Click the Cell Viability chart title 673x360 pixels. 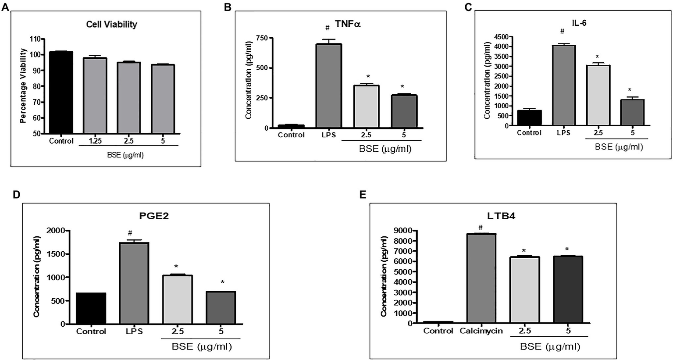(x=111, y=25)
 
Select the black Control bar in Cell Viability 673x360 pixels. (x=61, y=92)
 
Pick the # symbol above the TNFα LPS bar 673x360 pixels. (x=327, y=29)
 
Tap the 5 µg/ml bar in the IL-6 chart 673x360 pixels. (x=632, y=113)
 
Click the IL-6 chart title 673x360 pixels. (x=579, y=23)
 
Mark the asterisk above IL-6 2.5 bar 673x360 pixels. (x=597, y=57)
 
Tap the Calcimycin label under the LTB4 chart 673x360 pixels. (x=481, y=331)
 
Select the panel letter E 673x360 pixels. (x=362, y=194)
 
